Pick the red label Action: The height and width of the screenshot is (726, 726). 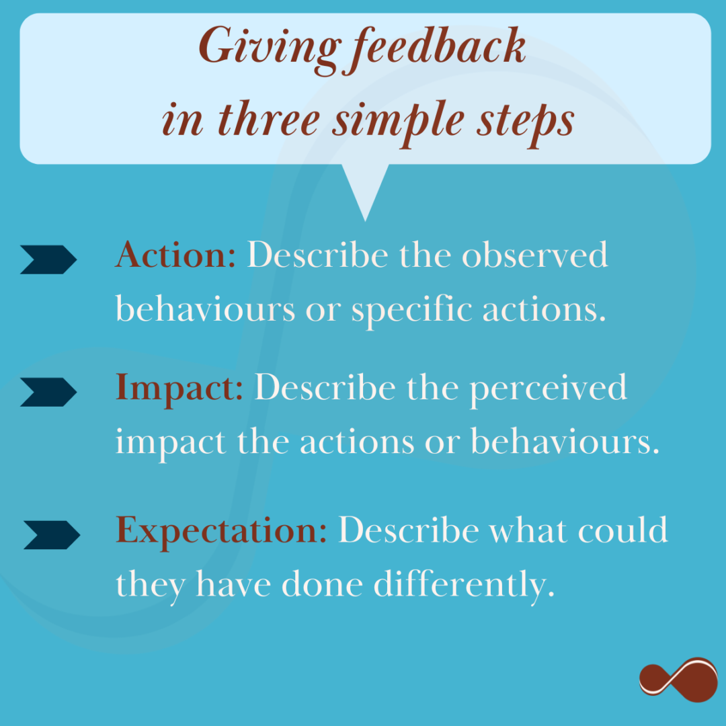pyautogui.click(x=175, y=256)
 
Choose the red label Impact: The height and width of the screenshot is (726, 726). pyautogui.click(x=179, y=388)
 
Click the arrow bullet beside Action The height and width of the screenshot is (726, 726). pyautogui.click(x=48, y=259)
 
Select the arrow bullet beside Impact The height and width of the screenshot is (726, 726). pyautogui.click(x=48, y=392)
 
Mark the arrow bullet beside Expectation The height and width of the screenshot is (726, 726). pyautogui.click(x=52, y=535)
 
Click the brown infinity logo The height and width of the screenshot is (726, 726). pyautogui.click(x=678, y=680)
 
